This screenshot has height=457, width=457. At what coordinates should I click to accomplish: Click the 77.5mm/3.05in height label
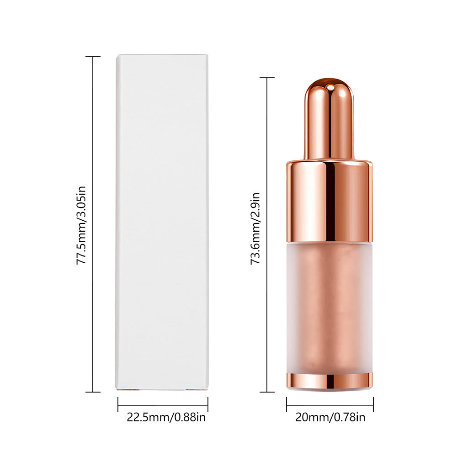[81, 225]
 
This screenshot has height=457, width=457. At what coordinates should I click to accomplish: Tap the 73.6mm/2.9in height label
[255, 228]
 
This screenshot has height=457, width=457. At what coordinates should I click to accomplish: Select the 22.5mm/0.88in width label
[166, 417]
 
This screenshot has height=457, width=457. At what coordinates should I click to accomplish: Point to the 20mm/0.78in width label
[330, 417]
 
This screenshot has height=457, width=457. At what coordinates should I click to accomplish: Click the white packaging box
[162, 222]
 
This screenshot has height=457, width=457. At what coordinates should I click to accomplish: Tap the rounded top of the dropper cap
[329, 87]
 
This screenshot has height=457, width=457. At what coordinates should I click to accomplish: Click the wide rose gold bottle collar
[329, 202]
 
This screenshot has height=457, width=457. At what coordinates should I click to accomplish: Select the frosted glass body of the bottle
[329, 308]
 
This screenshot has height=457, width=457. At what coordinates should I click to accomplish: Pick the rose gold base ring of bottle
[329, 381]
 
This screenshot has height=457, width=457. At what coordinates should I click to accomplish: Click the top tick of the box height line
[93, 57]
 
